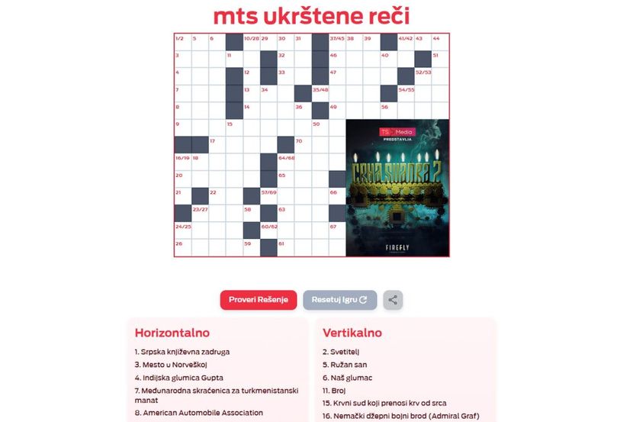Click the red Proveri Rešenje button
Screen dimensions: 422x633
[x=259, y=300]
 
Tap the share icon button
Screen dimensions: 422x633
[x=393, y=300]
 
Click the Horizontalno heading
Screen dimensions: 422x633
[x=172, y=333]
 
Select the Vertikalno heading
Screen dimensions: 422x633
[x=352, y=333]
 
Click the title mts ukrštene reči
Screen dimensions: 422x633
[x=310, y=16]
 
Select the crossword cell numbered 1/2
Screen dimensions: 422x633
[x=182, y=42]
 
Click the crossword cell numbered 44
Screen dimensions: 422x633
[x=440, y=42]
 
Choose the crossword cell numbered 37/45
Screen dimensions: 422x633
[x=337, y=42]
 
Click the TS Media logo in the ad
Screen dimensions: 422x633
[x=397, y=131]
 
